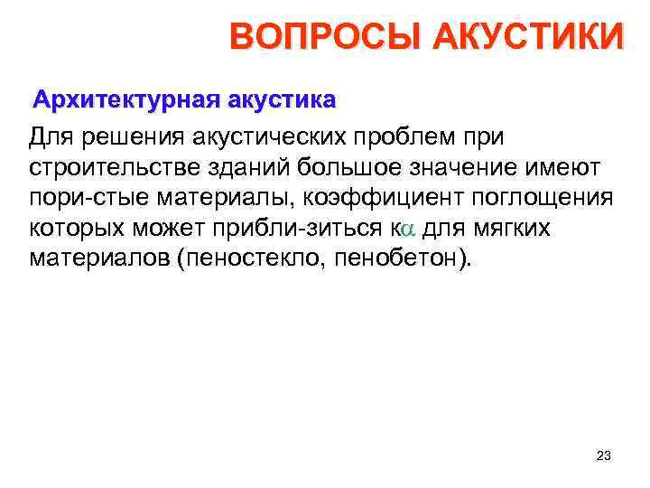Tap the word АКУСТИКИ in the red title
point(528,39)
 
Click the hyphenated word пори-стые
point(77,197)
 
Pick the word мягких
point(517,227)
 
